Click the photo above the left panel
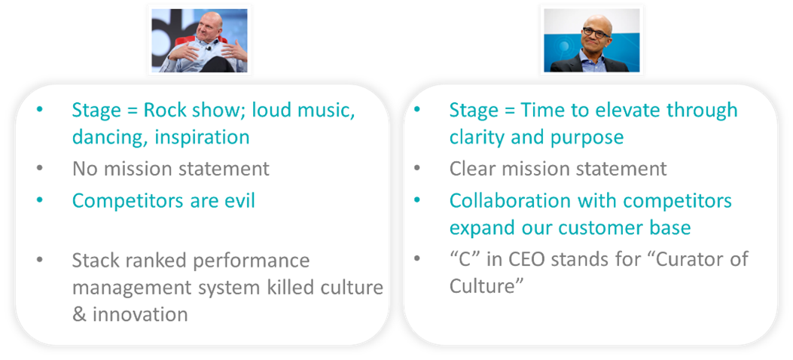[x=200, y=41]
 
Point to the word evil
[x=238, y=200]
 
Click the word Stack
[x=96, y=261]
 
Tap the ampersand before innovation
[x=79, y=315]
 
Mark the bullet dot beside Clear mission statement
[x=417, y=169]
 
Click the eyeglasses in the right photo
[x=596, y=31]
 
